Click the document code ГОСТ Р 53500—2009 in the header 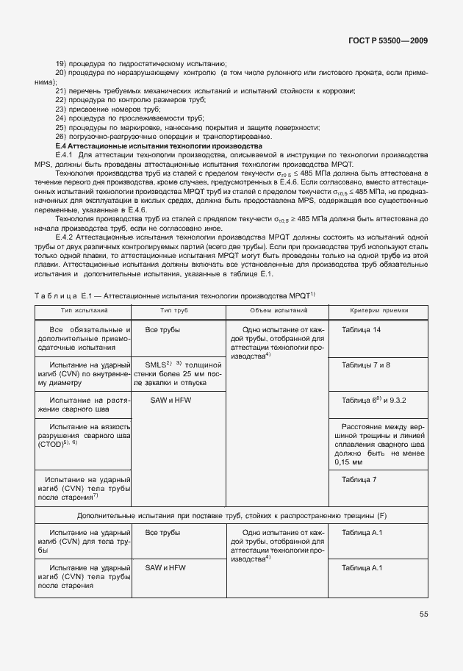[x=392, y=40]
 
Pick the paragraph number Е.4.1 [x=64, y=156]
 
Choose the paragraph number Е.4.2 [x=64, y=240]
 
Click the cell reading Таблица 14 [x=361, y=330]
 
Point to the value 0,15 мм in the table [x=349, y=463]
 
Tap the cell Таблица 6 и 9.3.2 [x=373, y=400]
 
